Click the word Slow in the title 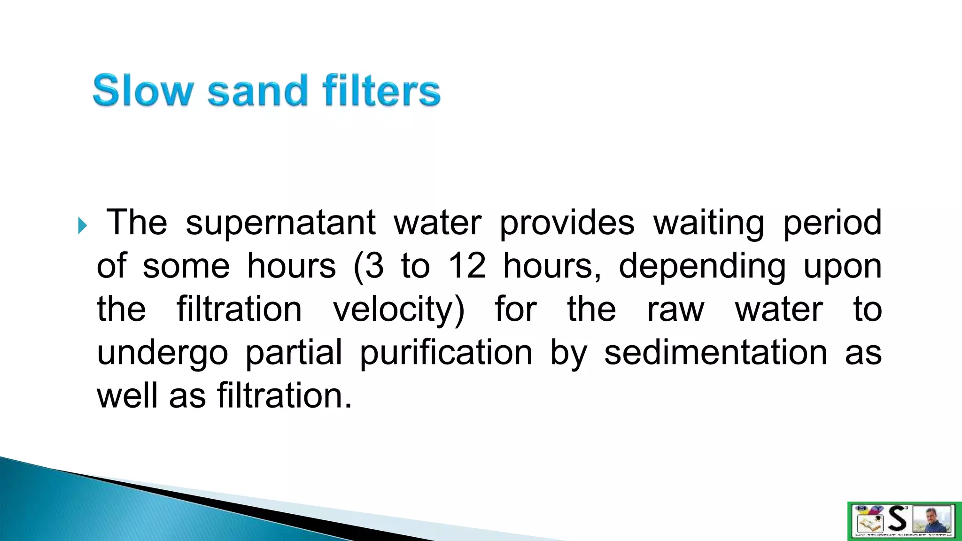coord(143,91)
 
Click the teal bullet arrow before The coord(83,226)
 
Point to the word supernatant coord(280,223)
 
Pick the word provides coord(566,223)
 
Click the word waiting coord(709,223)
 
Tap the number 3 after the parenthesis coord(374,266)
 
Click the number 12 coord(467,266)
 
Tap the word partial coord(294,353)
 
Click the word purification coord(446,353)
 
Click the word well coord(126,396)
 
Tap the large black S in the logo coord(898,519)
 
